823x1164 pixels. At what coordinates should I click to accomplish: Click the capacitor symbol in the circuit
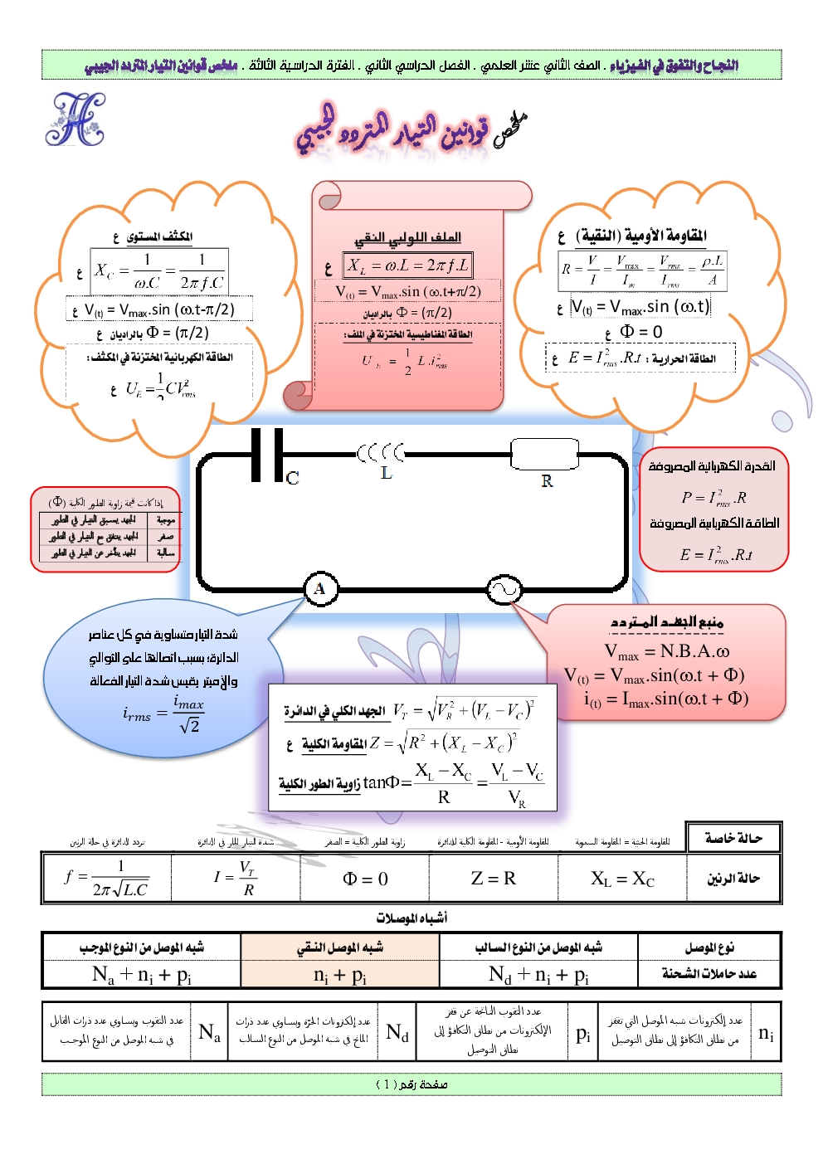(267, 455)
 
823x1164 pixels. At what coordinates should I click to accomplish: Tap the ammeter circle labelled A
(319, 589)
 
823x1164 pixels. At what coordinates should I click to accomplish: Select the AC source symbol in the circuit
(504, 590)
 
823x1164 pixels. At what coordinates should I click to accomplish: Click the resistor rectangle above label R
(544, 454)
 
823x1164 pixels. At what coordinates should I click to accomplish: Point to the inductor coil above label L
(382, 453)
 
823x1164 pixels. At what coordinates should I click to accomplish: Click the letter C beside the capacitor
(292, 479)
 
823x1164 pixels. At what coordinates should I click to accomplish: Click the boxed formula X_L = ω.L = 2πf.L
(408, 265)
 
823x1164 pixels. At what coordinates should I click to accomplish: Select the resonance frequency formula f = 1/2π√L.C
(106, 878)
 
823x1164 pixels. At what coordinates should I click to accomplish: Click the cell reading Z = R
(493, 878)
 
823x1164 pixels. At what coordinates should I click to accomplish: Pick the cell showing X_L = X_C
(622, 879)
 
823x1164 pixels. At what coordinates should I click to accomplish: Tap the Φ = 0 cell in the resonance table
(365, 879)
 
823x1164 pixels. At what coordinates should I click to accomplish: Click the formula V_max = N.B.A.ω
(667, 651)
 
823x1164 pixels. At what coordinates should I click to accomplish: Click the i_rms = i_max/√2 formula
(163, 713)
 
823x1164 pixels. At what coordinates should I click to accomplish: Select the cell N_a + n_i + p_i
(142, 974)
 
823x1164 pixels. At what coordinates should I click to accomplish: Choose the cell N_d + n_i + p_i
(538, 974)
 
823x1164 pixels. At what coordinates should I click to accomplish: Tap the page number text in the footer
(411, 1084)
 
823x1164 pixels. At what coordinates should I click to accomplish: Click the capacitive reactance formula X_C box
(158, 271)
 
